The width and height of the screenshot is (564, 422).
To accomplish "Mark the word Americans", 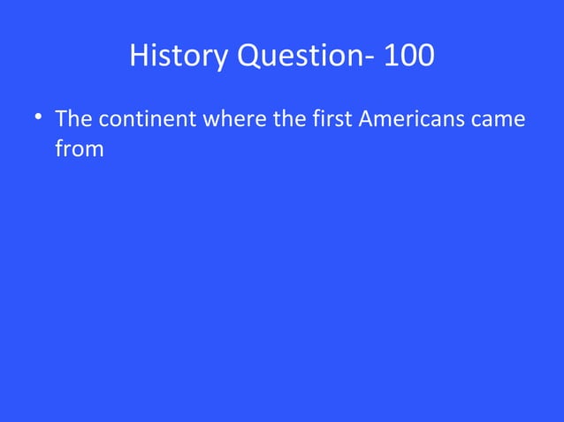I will point(412,118).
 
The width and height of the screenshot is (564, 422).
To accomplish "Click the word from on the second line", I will point(80,149).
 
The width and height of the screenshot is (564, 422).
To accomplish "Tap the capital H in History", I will point(139,57).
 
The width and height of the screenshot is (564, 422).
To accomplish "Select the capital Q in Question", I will point(242,57).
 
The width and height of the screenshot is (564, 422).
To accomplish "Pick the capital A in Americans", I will point(365,118).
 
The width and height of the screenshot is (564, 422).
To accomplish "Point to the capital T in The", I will point(59,118).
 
